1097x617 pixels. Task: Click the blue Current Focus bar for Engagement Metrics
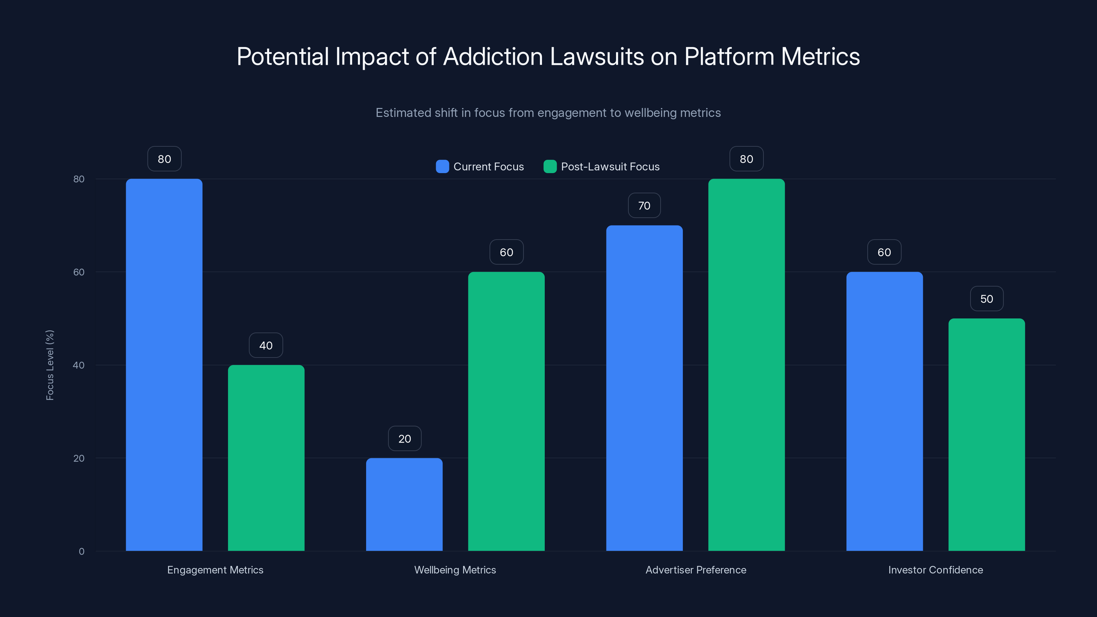164,364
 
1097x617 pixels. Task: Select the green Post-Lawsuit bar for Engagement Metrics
266,458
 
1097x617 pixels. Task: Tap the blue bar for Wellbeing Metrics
404,504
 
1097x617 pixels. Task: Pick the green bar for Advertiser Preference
746,364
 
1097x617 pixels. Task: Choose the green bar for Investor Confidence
986,434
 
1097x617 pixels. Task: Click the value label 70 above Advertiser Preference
644,206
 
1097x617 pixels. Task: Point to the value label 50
986,299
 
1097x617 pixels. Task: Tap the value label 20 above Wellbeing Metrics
405,439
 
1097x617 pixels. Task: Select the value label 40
266,345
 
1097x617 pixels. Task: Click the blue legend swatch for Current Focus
442,167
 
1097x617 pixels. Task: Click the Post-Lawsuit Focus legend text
610,167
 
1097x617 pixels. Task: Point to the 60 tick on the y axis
79,272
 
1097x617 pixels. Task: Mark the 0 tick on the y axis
81,552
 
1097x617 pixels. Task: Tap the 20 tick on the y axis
79,458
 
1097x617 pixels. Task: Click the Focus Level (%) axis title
50,365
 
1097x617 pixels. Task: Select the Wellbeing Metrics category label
455,570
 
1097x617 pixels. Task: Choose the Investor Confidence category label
935,570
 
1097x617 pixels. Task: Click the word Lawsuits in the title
596,57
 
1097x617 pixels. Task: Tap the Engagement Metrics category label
215,570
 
